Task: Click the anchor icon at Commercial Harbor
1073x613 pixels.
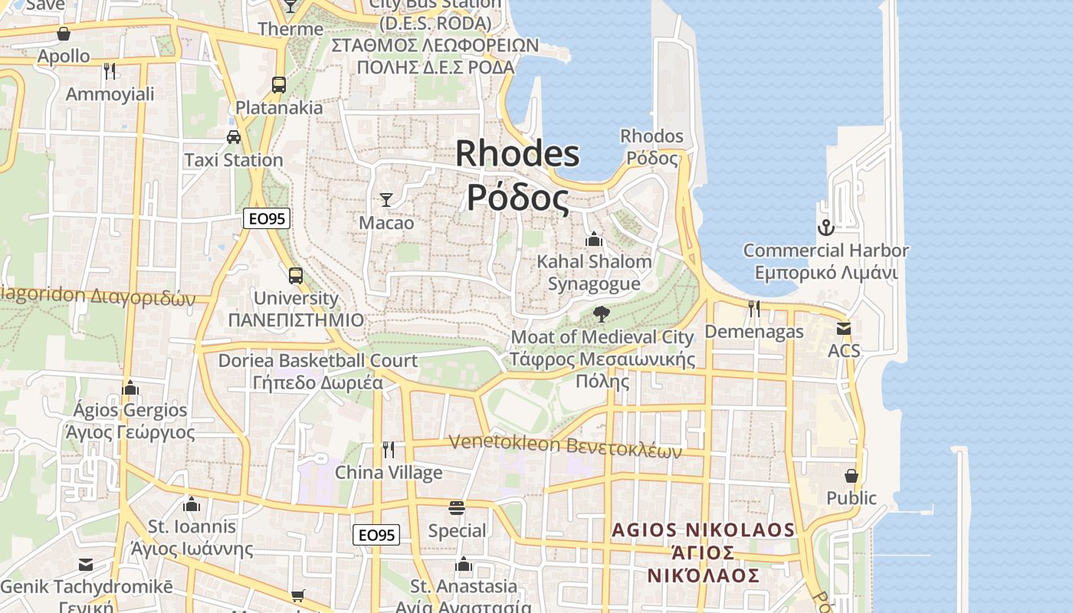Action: [825, 228]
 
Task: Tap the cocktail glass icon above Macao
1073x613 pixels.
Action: [386, 200]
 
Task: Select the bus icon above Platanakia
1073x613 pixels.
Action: [279, 85]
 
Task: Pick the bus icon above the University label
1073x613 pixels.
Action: [296, 275]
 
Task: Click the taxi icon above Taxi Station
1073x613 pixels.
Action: [234, 137]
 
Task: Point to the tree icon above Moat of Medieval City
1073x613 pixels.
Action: [602, 313]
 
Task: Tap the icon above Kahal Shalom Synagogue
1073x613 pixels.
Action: [593, 240]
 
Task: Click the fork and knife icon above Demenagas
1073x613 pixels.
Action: [754, 309]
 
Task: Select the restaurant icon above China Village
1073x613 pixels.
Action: [389, 450]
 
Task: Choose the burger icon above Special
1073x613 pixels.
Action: [457, 508]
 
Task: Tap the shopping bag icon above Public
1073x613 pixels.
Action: [851, 476]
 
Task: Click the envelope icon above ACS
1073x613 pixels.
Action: [844, 329]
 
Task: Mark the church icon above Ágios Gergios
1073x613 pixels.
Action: [130, 388]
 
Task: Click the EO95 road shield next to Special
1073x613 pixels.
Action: [376, 535]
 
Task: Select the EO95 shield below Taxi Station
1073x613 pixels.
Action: [267, 218]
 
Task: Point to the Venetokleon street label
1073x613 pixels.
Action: [565, 446]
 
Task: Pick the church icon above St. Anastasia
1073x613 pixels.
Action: [463, 565]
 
